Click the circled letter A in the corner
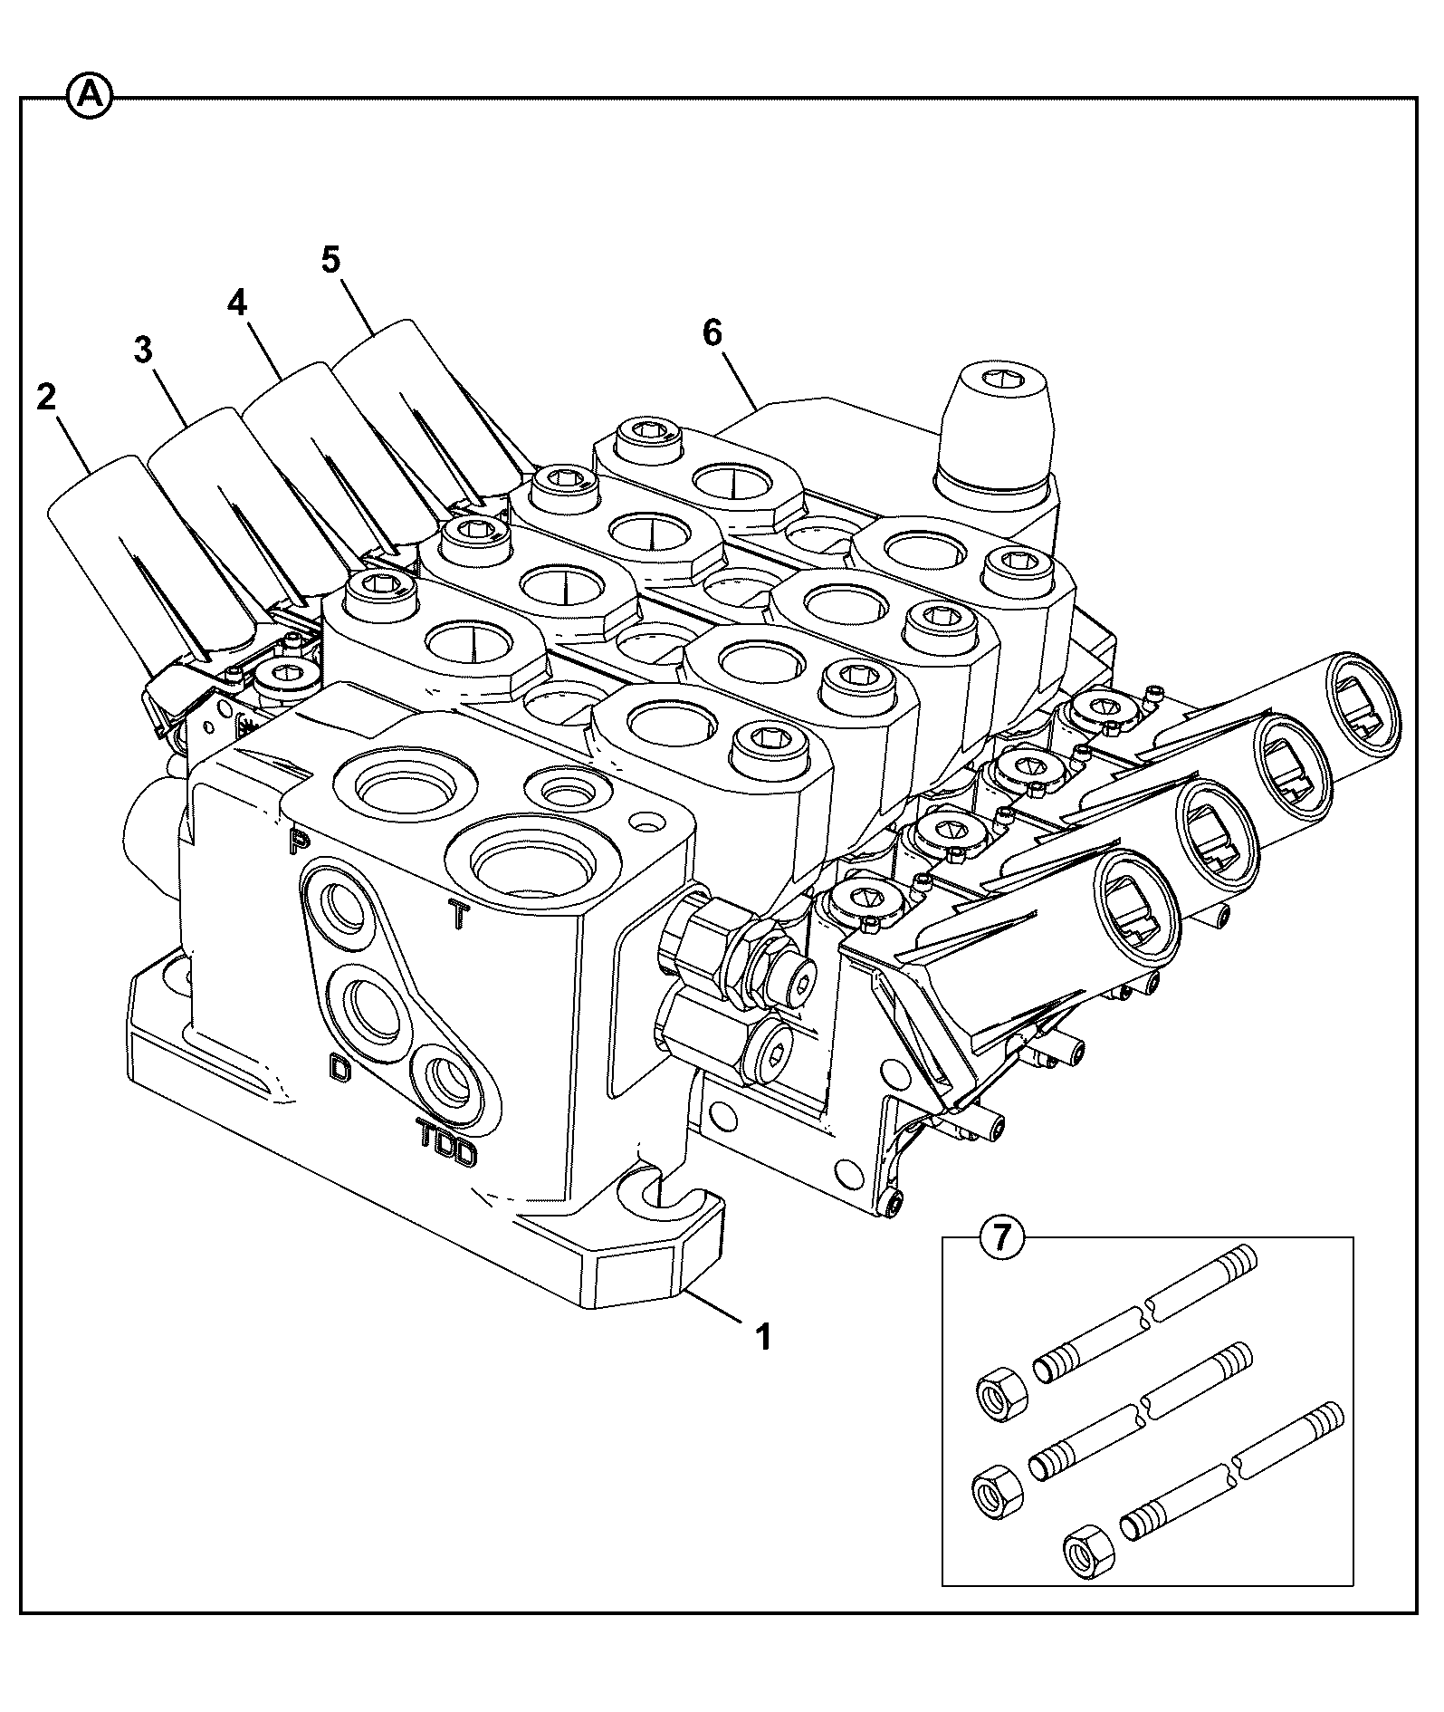point(89,96)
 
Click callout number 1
point(763,1335)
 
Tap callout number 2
point(46,397)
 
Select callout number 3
point(143,351)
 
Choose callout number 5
point(330,260)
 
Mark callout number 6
point(712,333)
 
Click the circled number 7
point(1000,1236)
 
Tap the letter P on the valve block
point(296,842)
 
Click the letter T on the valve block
point(459,917)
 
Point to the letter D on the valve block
point(339,1068)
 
